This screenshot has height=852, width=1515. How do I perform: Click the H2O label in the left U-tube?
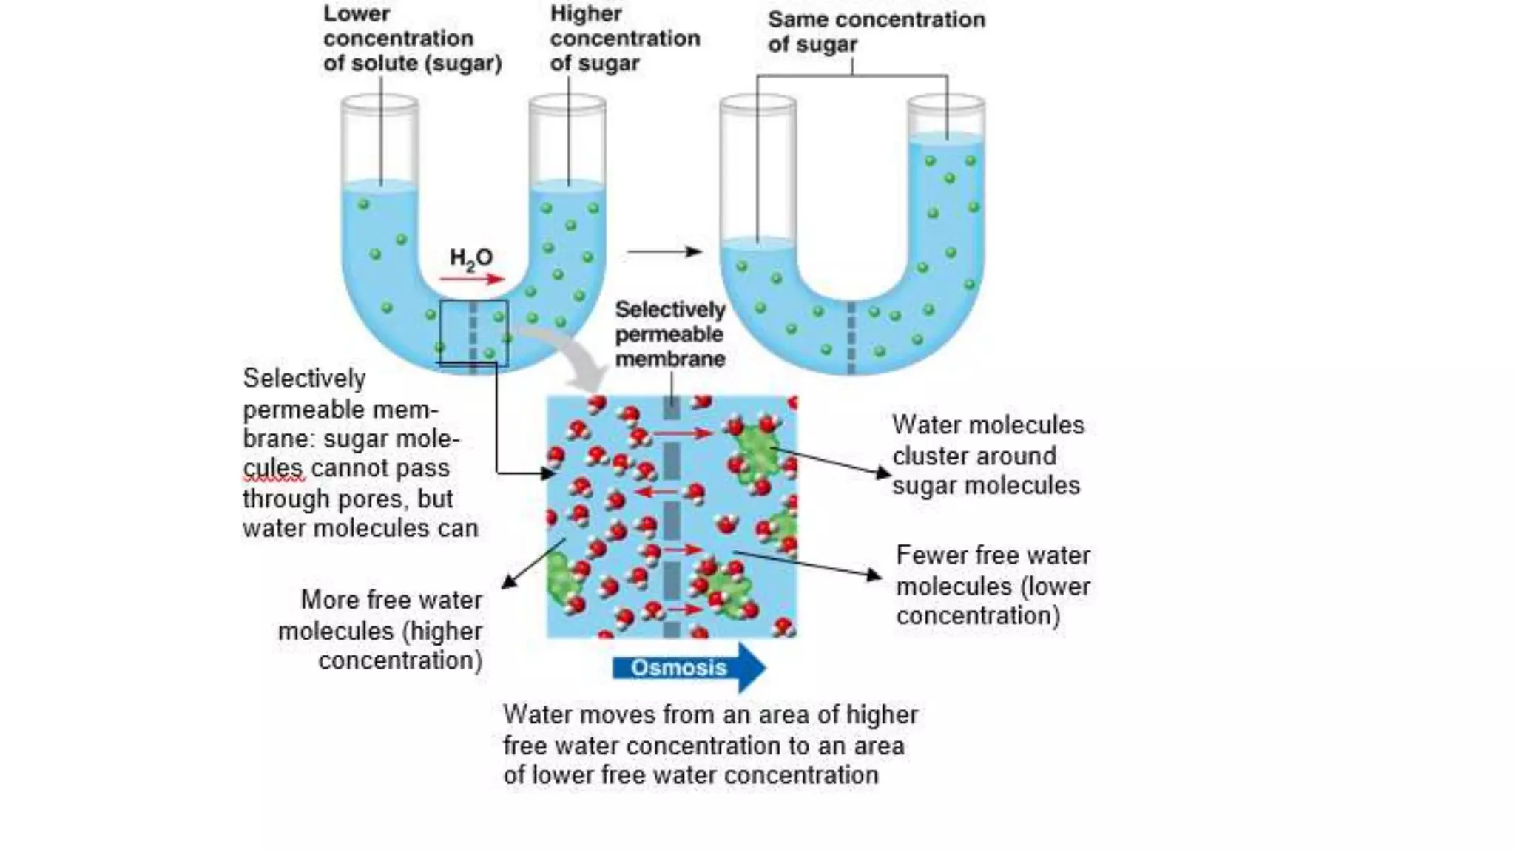click(x=470, y=258)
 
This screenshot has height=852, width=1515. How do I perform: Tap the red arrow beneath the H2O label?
click(x=471, y=279)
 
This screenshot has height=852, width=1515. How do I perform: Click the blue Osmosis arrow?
click(x=686, y=668)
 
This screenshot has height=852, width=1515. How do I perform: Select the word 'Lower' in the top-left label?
click(x=357, y=13)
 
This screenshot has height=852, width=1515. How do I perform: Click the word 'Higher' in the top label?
click(x=586, y=13)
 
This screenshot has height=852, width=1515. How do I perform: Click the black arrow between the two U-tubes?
click(x=664, y=251)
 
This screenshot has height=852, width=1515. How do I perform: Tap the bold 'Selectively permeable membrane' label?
click(x=670, y=334)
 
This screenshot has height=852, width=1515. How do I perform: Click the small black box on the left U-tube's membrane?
click(x=473, y=332)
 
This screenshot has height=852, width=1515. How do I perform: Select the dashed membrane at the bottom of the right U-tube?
click(x=851, y=337)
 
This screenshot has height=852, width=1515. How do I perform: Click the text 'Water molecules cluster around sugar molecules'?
click(x=987, y=456)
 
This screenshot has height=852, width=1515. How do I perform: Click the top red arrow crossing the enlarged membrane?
click(x=682, y=433)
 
